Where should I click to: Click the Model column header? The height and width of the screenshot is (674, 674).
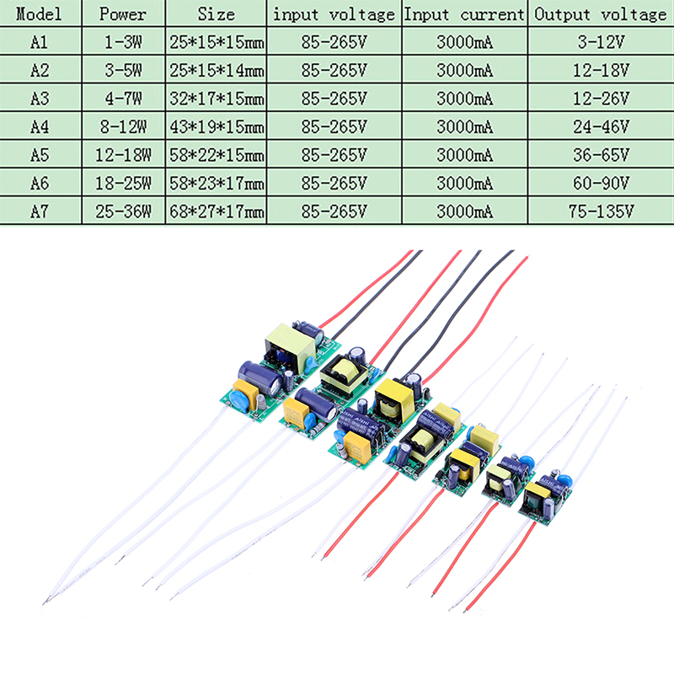click(x=40, y=14)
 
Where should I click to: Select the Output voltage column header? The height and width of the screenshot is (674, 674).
click(x=601, y=14)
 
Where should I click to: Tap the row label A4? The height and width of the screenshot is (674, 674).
click(x=40, y=126)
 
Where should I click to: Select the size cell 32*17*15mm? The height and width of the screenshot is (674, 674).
click(x=217, y=99)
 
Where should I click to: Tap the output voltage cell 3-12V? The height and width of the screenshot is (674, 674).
click(x=601, y=43)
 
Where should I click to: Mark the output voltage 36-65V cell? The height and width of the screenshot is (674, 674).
click(x=601, y=154)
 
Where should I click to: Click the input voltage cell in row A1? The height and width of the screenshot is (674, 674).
click(x=334, y=43)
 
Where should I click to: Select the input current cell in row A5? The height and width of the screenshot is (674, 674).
click(x=465, y=154)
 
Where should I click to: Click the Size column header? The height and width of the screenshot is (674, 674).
click(x=217, y=14)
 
